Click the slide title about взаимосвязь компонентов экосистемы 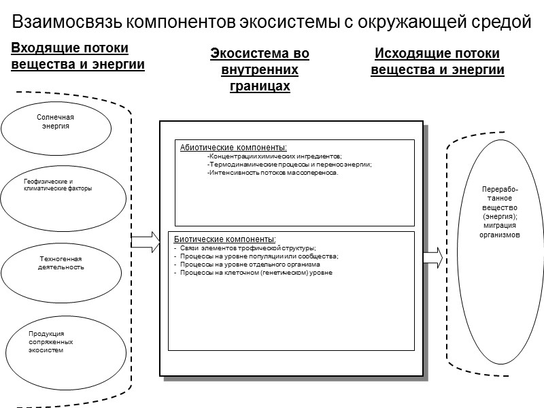pos(271,22)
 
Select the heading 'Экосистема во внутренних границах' pos(259,70)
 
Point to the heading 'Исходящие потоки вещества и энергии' pos(437,61)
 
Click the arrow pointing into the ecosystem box pos(143,241)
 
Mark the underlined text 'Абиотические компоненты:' pos(233,147)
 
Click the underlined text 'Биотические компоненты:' pos(225,239)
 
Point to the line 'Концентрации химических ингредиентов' pos(274,156)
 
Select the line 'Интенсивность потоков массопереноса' pos(272,173)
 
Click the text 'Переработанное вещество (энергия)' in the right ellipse pos(500,202)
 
